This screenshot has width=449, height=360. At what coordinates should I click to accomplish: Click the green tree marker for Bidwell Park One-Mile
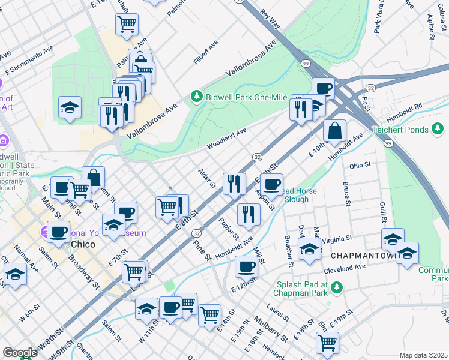[196, 96]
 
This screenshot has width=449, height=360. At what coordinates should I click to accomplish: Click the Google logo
[20, 353]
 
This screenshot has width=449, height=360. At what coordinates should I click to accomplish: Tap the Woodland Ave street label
[227, 139]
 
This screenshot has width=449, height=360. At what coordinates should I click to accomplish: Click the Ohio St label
[360, 164]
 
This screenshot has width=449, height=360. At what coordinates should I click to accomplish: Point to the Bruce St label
[346, 193]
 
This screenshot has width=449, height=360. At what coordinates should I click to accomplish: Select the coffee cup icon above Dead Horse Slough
[271, 184]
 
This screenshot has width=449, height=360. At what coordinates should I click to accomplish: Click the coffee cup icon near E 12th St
[246, 265]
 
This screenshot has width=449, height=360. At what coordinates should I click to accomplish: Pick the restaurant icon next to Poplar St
[248, 214]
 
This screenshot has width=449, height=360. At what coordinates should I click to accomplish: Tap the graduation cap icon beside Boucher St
[309, 248]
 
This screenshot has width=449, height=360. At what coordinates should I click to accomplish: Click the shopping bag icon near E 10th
[334, 130]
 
